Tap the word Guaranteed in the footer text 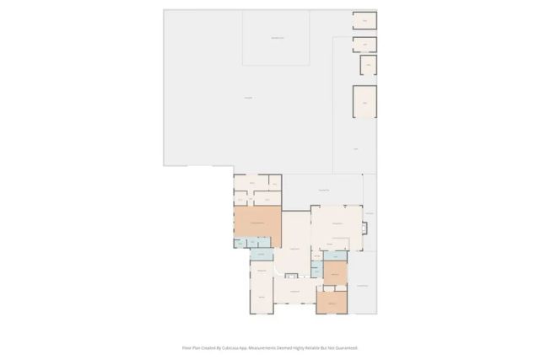pyautogui.click(x=344, y=347)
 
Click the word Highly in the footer pyautogui.click(x=300, y=347)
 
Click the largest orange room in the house pyautogui.click(x=257, y=221)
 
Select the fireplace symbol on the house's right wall pyautogui.click(x=365, y=228)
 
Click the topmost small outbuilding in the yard pyautogui.click(x=364, y=20)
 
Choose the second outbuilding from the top pyautogui.click(x=364, y=45)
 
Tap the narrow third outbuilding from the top pyautogui.click(x=368, y=65)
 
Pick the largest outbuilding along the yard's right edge pyautogui.click(x=364, y=101)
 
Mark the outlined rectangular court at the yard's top pyautogui.click(x=276, y=38)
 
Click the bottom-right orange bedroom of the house pyautogui.click(x=332, y=303)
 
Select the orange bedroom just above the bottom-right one pyautogui.click(x=335, y=273)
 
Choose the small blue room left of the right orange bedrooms pyautogui.click(x=316, y=269)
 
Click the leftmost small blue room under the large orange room pyautogui.click(x=240, y=243)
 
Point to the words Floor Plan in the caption pyautogui.click(x=191, y=347)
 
